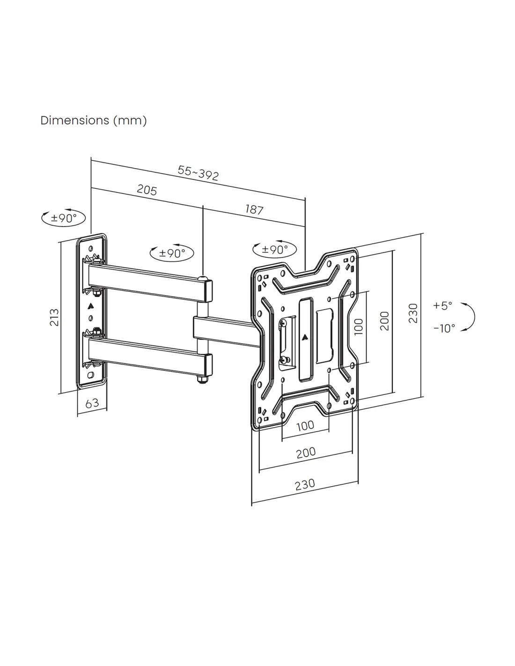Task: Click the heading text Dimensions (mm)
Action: pyautogui.click(x=94, y=120)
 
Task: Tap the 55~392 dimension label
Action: pyautogui.click(x=198, y=173)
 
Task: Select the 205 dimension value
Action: pyautogui.click(x=147, y=190)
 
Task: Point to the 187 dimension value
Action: pyautogui.click(x=254, y=209)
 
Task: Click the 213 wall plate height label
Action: pyautogui.click(x=54, y=317)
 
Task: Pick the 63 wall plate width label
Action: pyautogui.click(x=92, y=403)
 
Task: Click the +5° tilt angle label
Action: pyautogui.click(x=442, y=306)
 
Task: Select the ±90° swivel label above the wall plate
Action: pyautogui.click(x=64, y=218)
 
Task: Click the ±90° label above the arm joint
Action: pyautogui.click(x=172, y=253)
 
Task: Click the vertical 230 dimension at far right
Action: pyautogui.click(x=412, y=313)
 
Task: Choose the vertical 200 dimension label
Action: pyautogui.click(x=384, y=321)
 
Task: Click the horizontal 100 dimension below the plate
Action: pyautogui.click(x=305, y=426)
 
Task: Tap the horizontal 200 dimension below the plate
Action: pyautogui.click(x=306, y=452)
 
